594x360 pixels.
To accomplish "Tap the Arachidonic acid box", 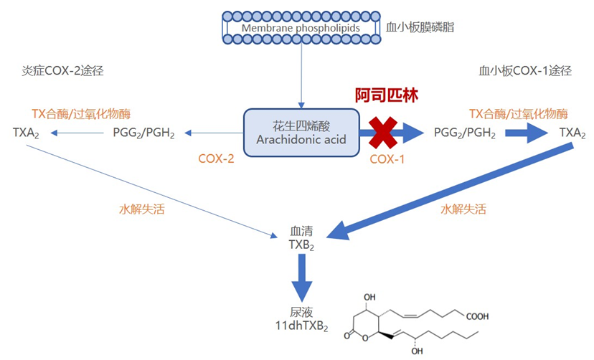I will tap(301, 133).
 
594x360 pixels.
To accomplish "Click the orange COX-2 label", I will tap(216, 158).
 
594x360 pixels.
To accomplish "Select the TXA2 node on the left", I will tap(27, 133).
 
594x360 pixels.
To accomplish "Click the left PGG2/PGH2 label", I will tap(143, 133).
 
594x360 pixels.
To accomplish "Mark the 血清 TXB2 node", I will tap(302, 238).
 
